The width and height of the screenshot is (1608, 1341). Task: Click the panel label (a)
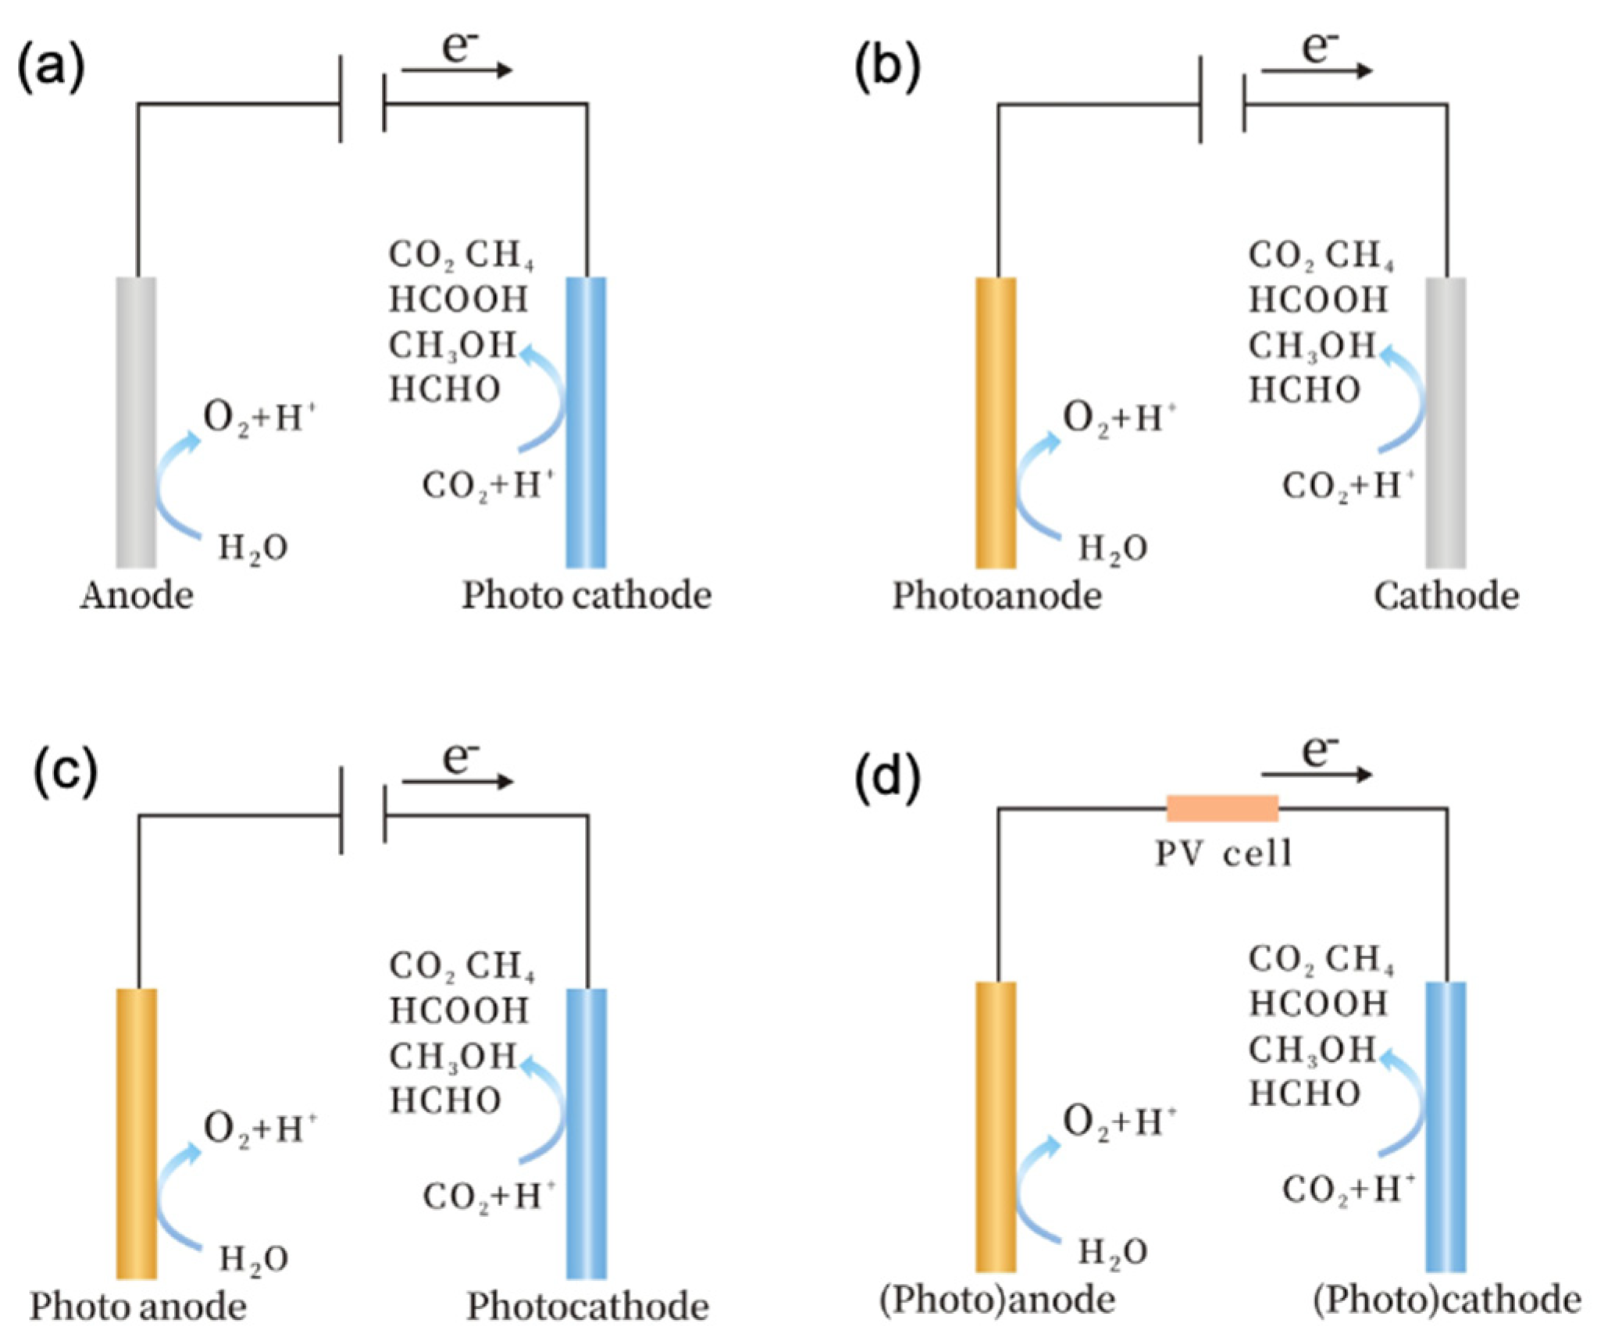pos(51,69)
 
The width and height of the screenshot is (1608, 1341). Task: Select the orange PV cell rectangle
pos(1221,808)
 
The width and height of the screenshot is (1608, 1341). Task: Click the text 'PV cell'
pos(1223,853)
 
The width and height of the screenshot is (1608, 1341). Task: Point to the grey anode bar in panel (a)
pos(137,422)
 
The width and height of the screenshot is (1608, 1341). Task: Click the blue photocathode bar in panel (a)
pos(586,422)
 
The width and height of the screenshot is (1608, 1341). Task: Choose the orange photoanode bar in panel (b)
pos(996,422)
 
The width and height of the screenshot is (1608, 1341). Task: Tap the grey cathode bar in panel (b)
pos(1446,422)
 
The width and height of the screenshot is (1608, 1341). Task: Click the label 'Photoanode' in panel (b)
pos(997,596)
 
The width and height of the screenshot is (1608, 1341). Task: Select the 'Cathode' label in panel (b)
pos(1446,596)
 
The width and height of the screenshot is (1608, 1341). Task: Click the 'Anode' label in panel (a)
pos(137,596)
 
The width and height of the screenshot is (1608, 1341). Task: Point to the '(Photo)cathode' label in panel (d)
pos(1446,1300)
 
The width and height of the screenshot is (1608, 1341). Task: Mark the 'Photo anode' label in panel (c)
pos(138,1307)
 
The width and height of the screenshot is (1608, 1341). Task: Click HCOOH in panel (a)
pos(458,299)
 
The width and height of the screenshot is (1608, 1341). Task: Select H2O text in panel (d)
pos(1112,1253)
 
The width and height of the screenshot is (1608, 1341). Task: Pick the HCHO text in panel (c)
pos(445,1100)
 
